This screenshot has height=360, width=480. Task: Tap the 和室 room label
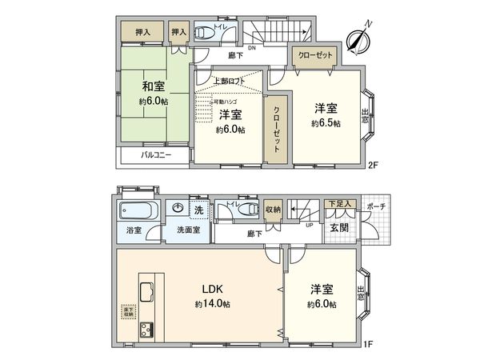[154, 86]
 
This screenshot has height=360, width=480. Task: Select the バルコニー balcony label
[157, 154]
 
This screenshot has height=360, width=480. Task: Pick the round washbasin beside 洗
[180, 210]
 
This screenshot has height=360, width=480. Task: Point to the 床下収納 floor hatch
[127, 310]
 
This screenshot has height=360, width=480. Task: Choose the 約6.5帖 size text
[326, 123]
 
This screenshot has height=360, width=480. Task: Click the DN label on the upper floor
[250, 48]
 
